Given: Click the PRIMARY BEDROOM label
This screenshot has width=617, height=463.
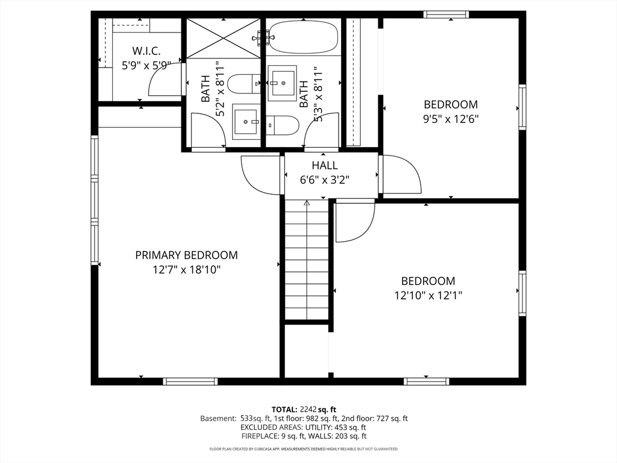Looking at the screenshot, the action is [x=187, y=255].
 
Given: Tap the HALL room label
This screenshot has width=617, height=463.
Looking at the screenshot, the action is [x=325, y=165].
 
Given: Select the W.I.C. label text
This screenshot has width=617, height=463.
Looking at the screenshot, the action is [x=146, y=51].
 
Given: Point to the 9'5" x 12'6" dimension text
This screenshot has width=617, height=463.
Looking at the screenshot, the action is [x=451, y=119].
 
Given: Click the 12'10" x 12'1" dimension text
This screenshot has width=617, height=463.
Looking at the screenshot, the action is [x=428, y=295].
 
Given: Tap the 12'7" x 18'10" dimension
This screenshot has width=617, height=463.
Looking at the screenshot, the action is [x=187, y=270].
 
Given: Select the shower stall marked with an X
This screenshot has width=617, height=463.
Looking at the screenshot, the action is [x=223, y=38].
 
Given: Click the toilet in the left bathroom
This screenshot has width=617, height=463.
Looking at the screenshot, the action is [x=243, y=83].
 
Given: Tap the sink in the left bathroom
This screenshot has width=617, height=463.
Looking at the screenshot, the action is [x=246, y=122].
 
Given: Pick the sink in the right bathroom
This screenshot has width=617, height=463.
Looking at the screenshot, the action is [x=282, y=83].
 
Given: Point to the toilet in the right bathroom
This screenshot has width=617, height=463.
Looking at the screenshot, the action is [x=283, y=125].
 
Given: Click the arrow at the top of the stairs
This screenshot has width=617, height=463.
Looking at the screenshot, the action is [x=307, y=203].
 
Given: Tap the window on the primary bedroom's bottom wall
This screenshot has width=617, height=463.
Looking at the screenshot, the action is [x=190, y=381].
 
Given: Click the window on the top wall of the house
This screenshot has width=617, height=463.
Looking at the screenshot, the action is [x=446, y=14].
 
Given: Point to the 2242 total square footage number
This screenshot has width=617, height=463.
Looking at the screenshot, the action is [x=308, y=409].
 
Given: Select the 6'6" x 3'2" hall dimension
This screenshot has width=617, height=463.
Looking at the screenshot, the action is [x=325, y=180].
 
